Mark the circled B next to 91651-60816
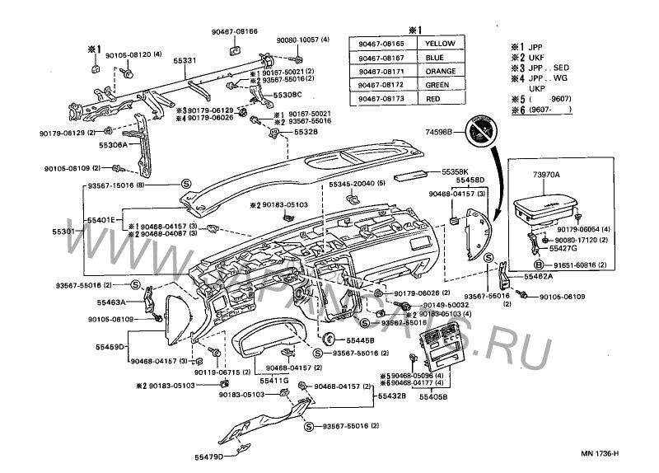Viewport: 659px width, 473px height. (x=537, y=265)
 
